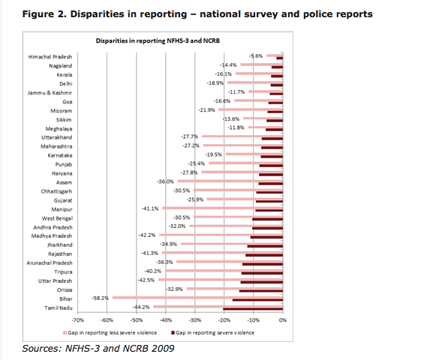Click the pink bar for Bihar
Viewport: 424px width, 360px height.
197,298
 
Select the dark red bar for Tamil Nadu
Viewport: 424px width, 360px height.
253,309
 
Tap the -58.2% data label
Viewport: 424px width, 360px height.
100,298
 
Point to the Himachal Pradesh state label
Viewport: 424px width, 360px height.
50,57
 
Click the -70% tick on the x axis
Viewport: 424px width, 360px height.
77,320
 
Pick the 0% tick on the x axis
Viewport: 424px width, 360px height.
283,320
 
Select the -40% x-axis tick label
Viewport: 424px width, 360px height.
166,320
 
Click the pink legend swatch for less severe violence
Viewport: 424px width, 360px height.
65,333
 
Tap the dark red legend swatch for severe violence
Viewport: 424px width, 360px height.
173,333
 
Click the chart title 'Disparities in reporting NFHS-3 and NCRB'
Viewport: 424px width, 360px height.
158,40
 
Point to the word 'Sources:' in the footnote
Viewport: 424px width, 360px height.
42,349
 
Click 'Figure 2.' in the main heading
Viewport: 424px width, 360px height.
44,14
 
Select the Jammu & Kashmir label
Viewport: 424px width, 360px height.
50,93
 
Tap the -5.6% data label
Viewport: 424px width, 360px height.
256,56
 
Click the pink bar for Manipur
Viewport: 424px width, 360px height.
223,208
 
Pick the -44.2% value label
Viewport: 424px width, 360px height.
141,307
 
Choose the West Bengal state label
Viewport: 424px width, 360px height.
57,218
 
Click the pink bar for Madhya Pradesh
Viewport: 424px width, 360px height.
221,235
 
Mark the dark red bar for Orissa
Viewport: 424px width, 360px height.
261,291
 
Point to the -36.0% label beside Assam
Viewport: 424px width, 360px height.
165,181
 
